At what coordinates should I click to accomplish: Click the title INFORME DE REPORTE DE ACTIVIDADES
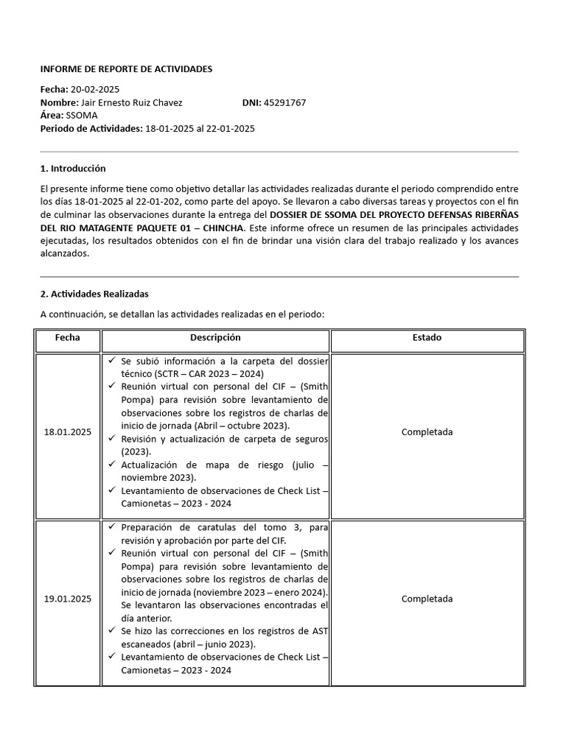pos(126,69)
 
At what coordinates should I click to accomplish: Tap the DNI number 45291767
pos(284,103)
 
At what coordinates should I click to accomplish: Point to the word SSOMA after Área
pos(82,116)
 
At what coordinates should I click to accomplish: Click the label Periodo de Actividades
pos(91,129)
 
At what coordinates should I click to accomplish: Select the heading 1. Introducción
pos(73,169)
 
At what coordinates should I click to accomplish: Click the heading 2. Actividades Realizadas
pos(94,294)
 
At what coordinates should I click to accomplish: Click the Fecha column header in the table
pos(67,338)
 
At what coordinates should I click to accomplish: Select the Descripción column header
pos(215,338)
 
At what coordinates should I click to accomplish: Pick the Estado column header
pos(427,338)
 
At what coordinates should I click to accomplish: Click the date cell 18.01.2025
pos(67,432)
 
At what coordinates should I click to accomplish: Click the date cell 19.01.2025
pos(67,599)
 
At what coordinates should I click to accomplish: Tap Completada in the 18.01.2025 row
pos(427,432)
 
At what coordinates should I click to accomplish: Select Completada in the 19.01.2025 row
pos(427,599)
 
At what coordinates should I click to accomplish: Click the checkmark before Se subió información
pos(111,362)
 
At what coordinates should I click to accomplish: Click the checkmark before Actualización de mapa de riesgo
pos(111,465)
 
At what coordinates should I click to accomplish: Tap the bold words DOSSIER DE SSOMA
pos(312,214)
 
